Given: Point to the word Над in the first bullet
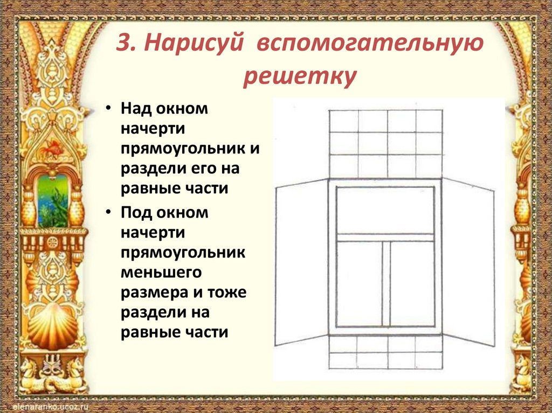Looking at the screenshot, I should click(137, 109).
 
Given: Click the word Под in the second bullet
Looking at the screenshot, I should click(137, 213).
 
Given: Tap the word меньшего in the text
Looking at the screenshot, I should click(161, 272).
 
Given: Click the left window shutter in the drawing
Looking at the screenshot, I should click(301, 263).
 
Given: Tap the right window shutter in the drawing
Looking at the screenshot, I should click(468, 264).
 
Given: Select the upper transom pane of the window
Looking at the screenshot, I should click(385, 210).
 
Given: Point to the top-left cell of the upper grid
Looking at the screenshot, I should click(343, 121).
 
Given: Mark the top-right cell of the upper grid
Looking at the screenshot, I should click(429, 121).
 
